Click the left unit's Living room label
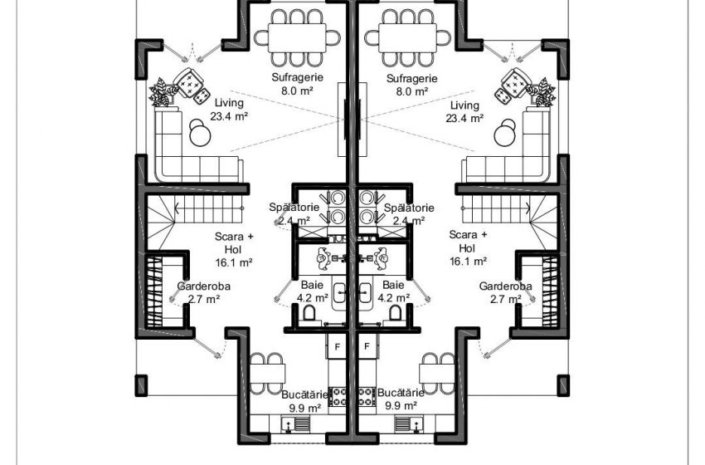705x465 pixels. point(229,103)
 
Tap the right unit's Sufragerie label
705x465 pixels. point(412,78)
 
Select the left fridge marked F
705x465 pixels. point(338,346)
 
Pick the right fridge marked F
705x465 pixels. point(367,346)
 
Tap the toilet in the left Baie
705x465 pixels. point(309,313)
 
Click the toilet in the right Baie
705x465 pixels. point(395,313)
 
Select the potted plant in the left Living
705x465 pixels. point(163,92)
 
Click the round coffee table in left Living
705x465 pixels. point(200,135)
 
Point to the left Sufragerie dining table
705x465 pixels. point(297,38)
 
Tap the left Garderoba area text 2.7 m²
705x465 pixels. point(204,299)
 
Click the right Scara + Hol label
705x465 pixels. point(468,242)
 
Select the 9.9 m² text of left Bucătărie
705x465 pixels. point(305,407)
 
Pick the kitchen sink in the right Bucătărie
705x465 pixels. point(409,424)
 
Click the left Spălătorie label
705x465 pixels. point(294,208)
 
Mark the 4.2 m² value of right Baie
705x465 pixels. point(393,297)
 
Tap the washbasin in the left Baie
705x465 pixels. point(339,292)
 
